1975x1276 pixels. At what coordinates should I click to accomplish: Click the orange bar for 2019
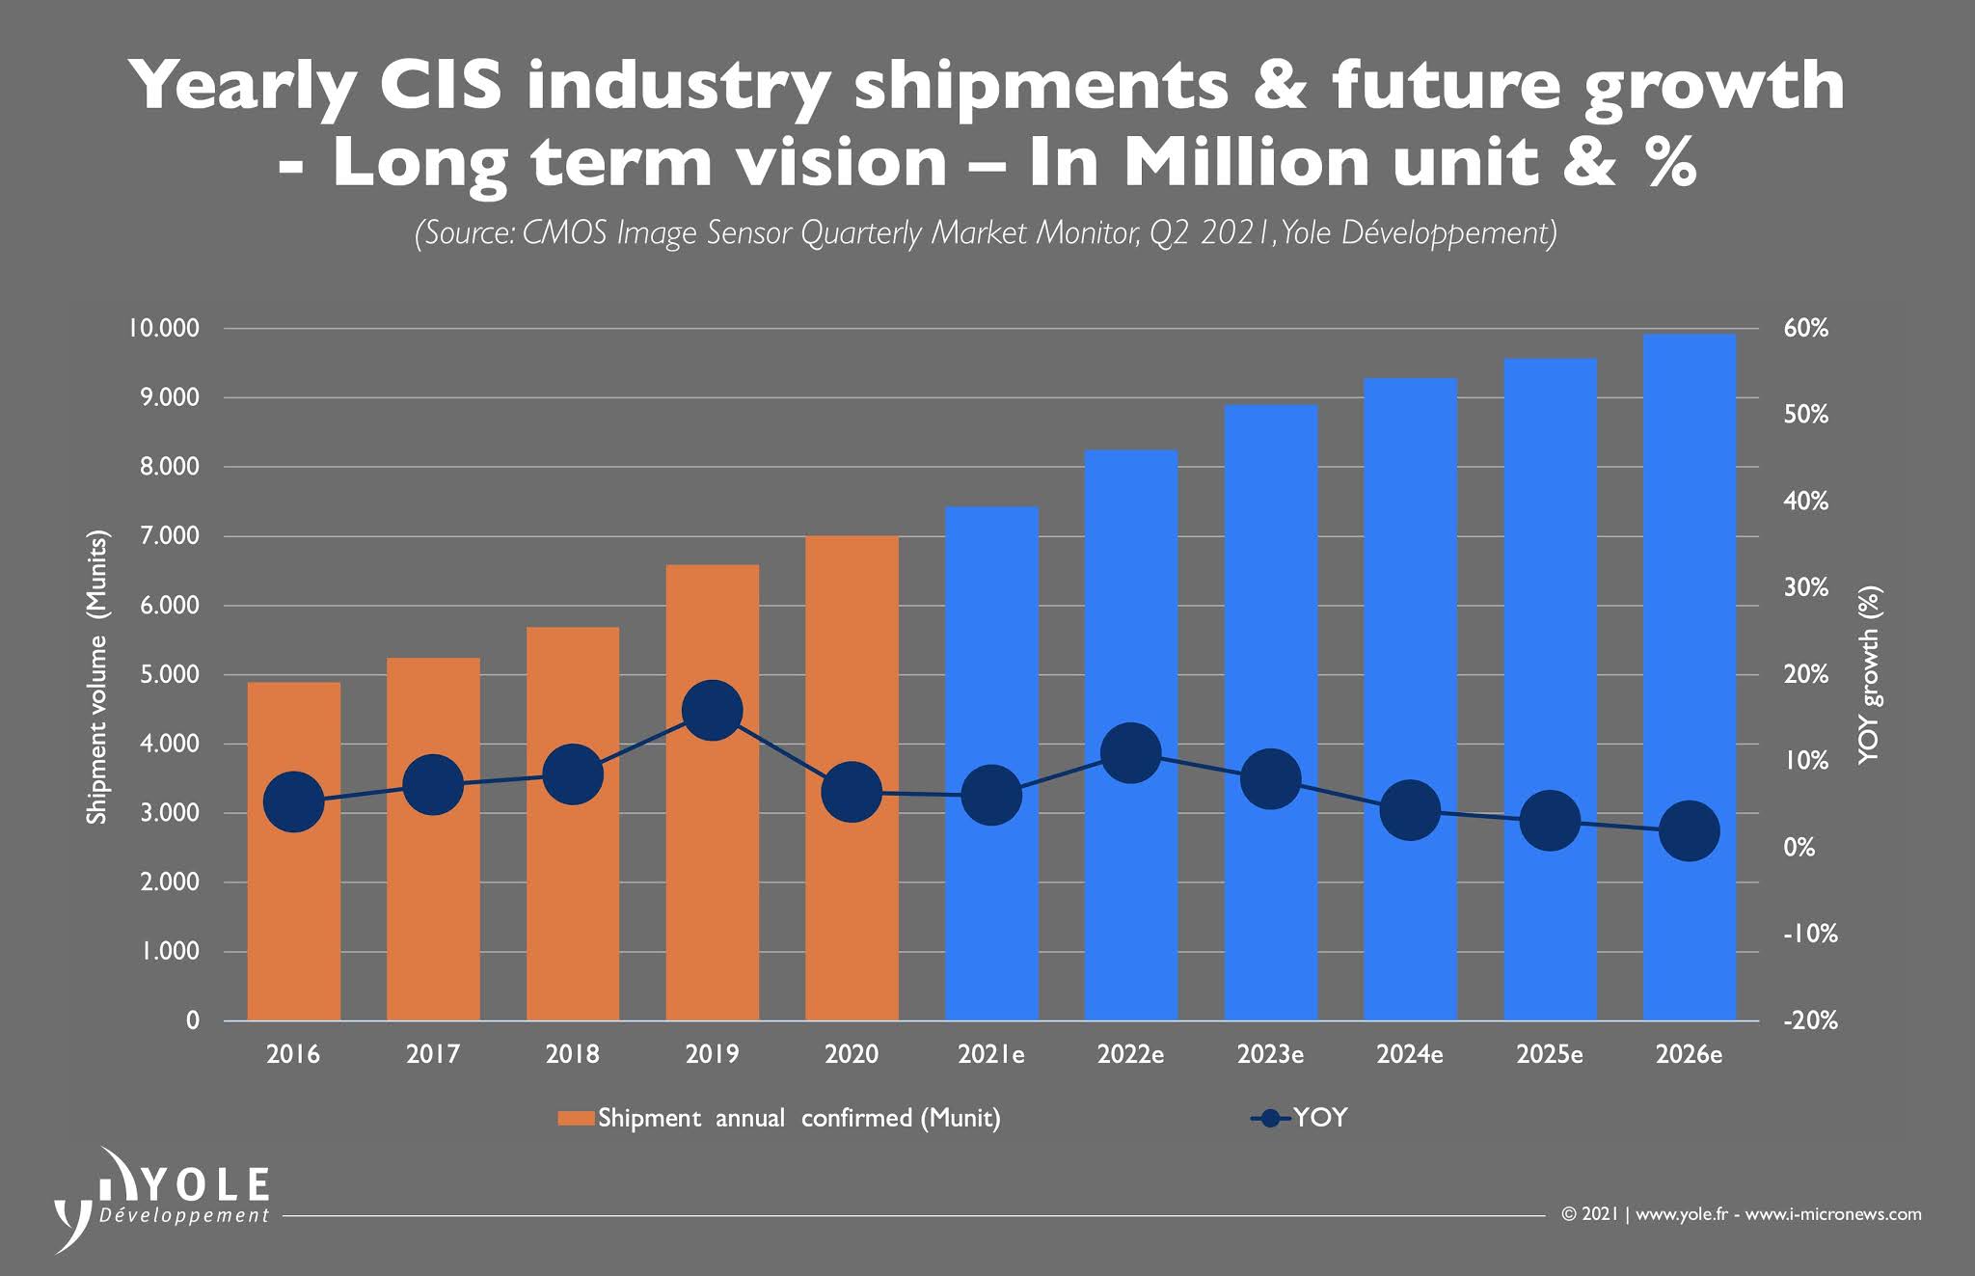tap(712, 868)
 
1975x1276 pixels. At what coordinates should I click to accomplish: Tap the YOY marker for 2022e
tap(1130, 752)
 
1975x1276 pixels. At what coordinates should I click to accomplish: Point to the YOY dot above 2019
tap(712, 710)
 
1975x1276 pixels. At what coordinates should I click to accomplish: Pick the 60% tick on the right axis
tap(1805, 329)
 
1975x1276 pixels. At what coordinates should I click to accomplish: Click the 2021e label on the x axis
tap(991, 1054)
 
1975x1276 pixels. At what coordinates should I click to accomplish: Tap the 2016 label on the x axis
tap(293, 1054)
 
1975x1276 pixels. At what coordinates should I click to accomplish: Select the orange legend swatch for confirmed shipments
tap(577, 1119)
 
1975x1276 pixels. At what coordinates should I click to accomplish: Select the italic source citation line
tap(986, 234)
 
